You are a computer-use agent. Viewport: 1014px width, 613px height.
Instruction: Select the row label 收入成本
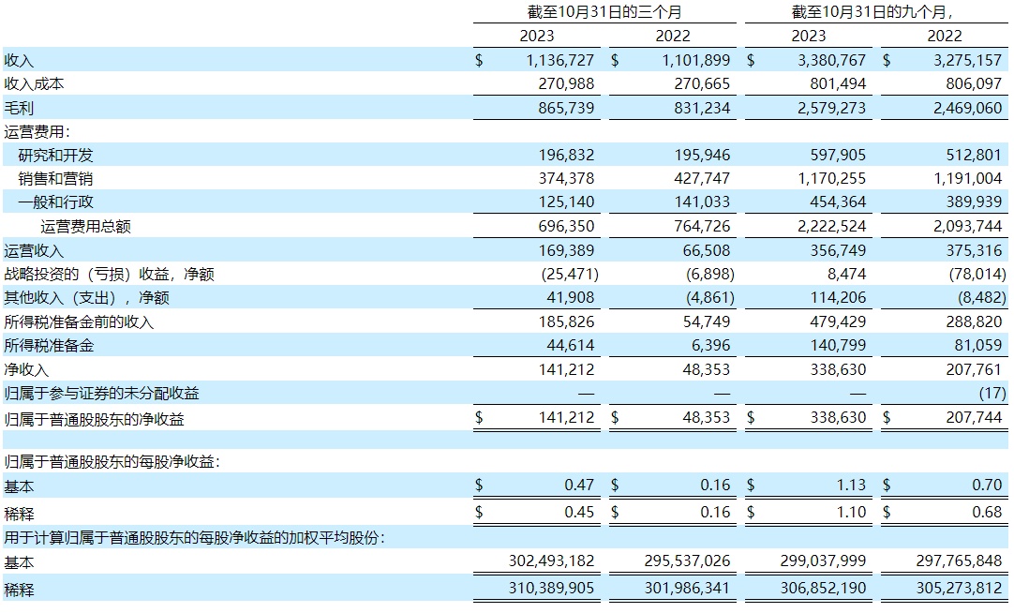pyautogui.click(x=35, y=83)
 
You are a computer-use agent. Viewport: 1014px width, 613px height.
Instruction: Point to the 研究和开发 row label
pyautogui.click(x=56, y=155)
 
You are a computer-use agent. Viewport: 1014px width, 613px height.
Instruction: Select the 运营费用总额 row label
pyautogui.click(x=92, y=226)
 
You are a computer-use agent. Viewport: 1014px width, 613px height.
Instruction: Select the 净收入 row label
pyautogui.click(x=26, y=369)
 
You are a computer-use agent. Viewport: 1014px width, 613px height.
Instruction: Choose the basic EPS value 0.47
pyautogui.click(x=578, y=485)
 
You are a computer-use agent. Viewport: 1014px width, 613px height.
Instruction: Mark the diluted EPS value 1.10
pyautogui.click(x=850, y=512)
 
